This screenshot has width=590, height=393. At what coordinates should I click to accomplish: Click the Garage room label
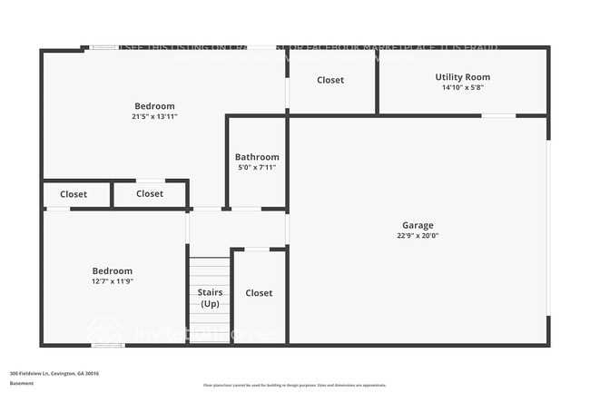coord(418,225)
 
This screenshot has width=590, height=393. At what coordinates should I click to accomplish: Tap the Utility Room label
coord(463,77)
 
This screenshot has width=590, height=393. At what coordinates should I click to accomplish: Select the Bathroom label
coord(257,157)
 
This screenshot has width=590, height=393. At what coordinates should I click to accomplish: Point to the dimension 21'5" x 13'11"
coord(154,117)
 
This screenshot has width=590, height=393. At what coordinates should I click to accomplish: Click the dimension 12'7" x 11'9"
coord(113,281)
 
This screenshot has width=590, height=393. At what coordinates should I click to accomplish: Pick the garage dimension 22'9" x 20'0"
coord(418,236)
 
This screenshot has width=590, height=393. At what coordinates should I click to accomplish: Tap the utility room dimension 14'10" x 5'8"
coord(463,88)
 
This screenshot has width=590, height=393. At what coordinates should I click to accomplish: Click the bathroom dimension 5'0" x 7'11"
coord(257,168)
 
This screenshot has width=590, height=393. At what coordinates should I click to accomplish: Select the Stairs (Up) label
coord(210,298)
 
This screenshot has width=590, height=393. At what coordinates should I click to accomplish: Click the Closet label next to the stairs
coord(259,293)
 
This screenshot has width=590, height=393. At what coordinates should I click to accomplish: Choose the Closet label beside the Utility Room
coord(330,80)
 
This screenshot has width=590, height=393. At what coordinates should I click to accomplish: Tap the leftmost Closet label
coord(74,193)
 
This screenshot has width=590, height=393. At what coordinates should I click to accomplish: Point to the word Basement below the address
coord(22,384)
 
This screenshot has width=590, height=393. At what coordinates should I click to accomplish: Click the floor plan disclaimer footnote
coord(294,385)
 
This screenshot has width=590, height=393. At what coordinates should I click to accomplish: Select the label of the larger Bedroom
coord(154,106)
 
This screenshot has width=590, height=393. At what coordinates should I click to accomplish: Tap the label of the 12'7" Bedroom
coord(113,270)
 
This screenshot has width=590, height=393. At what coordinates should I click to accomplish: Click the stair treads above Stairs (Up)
coord(210,270)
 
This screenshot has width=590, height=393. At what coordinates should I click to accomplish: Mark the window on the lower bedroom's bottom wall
coord(109,345)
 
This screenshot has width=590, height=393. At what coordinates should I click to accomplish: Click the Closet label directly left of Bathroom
coord(150,193)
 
